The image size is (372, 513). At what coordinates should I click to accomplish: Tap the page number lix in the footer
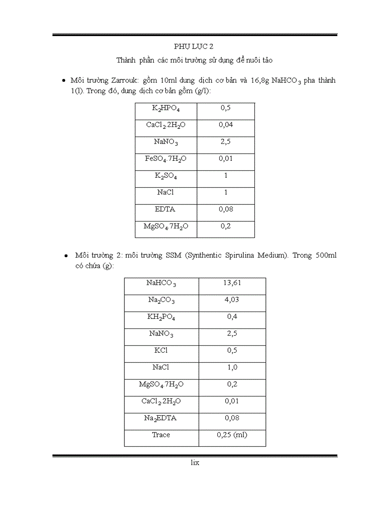195,463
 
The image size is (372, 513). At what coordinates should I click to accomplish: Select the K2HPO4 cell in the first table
165,108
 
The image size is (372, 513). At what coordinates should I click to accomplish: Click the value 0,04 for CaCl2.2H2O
226,125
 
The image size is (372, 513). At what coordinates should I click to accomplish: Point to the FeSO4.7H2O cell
165,159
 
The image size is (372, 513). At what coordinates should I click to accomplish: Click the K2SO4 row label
165,176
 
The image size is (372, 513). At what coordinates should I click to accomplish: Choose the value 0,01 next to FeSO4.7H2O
226,159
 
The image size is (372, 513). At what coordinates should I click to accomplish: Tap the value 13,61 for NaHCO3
232,283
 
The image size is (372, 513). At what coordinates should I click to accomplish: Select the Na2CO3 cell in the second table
161,300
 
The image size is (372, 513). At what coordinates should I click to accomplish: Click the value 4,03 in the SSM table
232,300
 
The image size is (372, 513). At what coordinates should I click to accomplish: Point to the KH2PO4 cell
161,317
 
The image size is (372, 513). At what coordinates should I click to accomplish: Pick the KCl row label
161,350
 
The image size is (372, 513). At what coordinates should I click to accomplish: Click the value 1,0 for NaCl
232,367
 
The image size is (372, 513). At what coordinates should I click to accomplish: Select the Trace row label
161,435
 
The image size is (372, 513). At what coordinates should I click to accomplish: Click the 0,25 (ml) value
232,435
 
